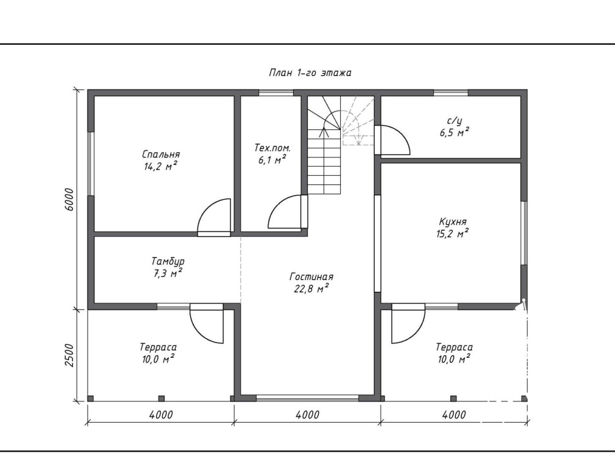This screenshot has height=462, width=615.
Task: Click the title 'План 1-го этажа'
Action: pyautogui.click(x=310, y=73)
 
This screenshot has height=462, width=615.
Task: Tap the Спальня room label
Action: pyautogui.click(x=161, y=154)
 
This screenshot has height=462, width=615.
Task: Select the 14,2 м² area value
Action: pyautogui.click(x=160, y=166)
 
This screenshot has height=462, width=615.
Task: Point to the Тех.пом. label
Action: pyautogui.click(x=272, y=148)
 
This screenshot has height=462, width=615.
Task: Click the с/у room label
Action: pyautogui.click(x=455, y=121)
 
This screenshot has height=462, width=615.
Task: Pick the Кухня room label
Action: pyautogui.click(x=453, y=222)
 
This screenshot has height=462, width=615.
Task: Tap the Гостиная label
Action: pyautogui.click(x=311, y=276)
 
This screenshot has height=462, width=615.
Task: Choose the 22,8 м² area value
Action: pyautogui.click(x=311, y=289)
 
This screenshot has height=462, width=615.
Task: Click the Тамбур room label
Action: pyautogui.click(x=168, y=262)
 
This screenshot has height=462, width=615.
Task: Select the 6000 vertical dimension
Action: pyautogui.click(x=69, y=200)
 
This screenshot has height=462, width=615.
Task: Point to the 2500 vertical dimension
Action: pyautogui.click(x=69, y=355)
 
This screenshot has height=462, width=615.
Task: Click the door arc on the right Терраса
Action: pyautogui.click(x=417, y=332)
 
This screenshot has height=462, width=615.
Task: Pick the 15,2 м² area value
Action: pyautogui.click(x=453, y=233)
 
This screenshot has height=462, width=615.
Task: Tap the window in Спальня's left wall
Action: pyautogui.click(x=91, y=164)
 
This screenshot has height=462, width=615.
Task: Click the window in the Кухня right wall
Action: pyautogui.click(x=524, y=233)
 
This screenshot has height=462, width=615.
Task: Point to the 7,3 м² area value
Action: pyautogui.click(x=168, y=273)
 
